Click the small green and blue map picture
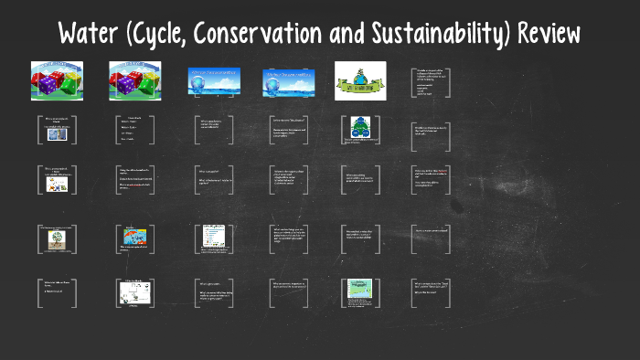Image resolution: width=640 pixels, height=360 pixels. pos(358,291)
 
